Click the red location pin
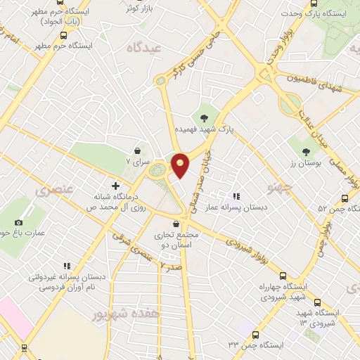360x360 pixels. click(x=181, y=165)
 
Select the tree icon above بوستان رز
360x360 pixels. click(x=306, y=150)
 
